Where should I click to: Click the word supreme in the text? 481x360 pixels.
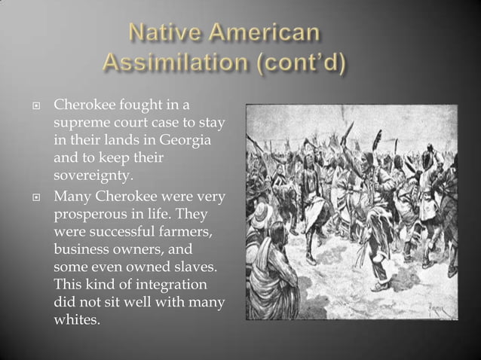coord(82,122)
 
